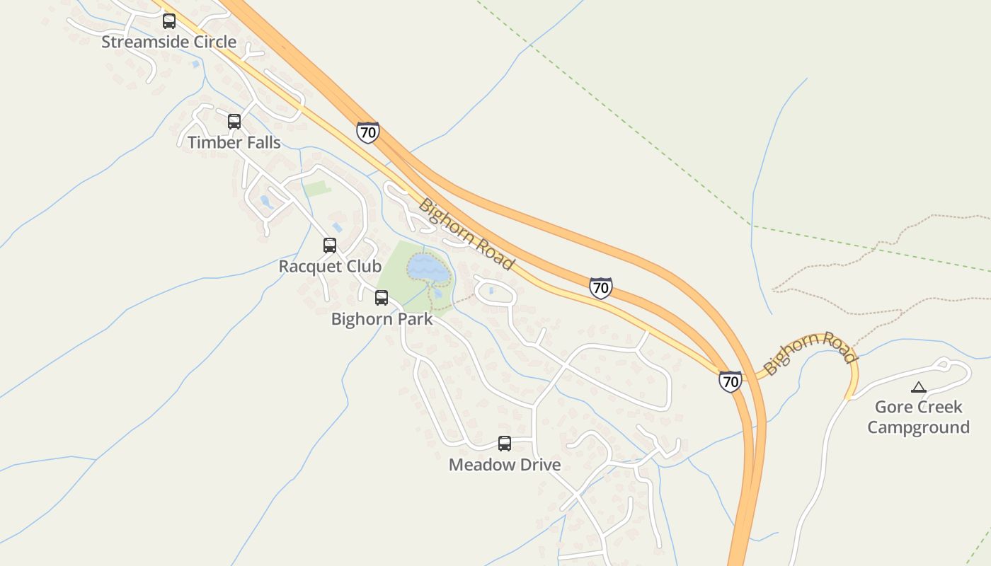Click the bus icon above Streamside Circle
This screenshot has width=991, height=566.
(x=169, y=21)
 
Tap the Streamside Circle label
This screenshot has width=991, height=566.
(x=168, y=42)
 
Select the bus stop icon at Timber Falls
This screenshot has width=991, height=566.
(x=234, y=122)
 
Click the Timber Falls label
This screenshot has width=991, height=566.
(x=234, y=142)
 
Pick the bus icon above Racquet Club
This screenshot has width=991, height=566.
(x=330, y=246)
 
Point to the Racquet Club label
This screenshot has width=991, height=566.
(x=330, y=267)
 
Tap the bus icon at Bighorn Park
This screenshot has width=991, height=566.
(x=382, y=298)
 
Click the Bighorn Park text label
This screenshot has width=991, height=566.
(x=382, y=319)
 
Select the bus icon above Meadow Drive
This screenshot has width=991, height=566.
(x=505, y=444)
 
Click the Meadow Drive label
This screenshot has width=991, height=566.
(x=505, y=465)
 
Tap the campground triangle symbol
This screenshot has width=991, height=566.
(x=919, y=387)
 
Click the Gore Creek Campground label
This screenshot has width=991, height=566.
(x=919, y=417)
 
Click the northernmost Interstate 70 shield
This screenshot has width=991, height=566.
(x=367, y=132)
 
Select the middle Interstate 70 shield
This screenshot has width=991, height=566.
(x=600, y=288)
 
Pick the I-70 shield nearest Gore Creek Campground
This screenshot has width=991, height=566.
(x=731, y=381)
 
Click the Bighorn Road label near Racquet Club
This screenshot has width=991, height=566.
(x=466, y=234)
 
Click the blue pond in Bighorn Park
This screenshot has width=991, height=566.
(x=428, y=267)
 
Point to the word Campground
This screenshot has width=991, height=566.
(x=919, y=427)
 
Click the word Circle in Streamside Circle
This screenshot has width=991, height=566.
(x=212, y=42)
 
